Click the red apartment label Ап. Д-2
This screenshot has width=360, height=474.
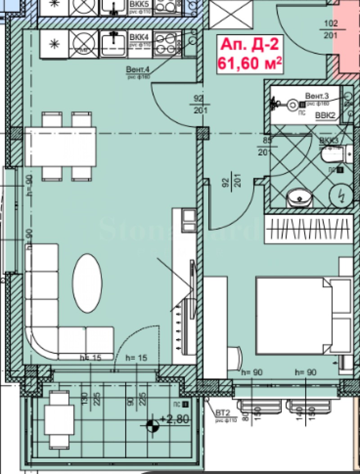point(249,46)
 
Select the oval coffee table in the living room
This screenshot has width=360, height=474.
point(87,283)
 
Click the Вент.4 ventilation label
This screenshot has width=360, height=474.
point(137,70)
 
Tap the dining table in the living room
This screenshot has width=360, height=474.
point(61,147)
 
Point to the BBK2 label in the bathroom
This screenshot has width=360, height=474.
point(325,116)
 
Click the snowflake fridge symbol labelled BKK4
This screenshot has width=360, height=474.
point(54,44)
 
